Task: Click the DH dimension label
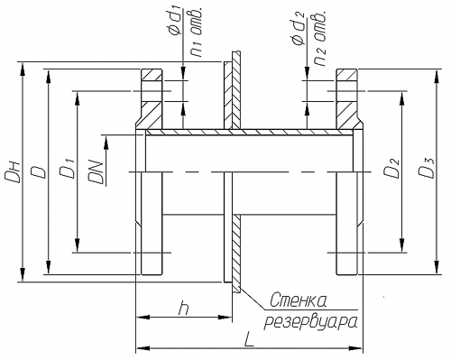click(x=13, y=172)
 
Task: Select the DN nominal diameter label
click(x=97, y=172)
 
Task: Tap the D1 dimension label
click(x=68, y=171)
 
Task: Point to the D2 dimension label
click(x=392, y=168)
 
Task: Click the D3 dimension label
click(x=427, y=168)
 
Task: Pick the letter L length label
click(x=249, y=339)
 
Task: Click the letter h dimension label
click(x=184, y=308)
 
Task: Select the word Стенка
click(x=299, y=300)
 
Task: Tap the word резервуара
click(x=311, y=323)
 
